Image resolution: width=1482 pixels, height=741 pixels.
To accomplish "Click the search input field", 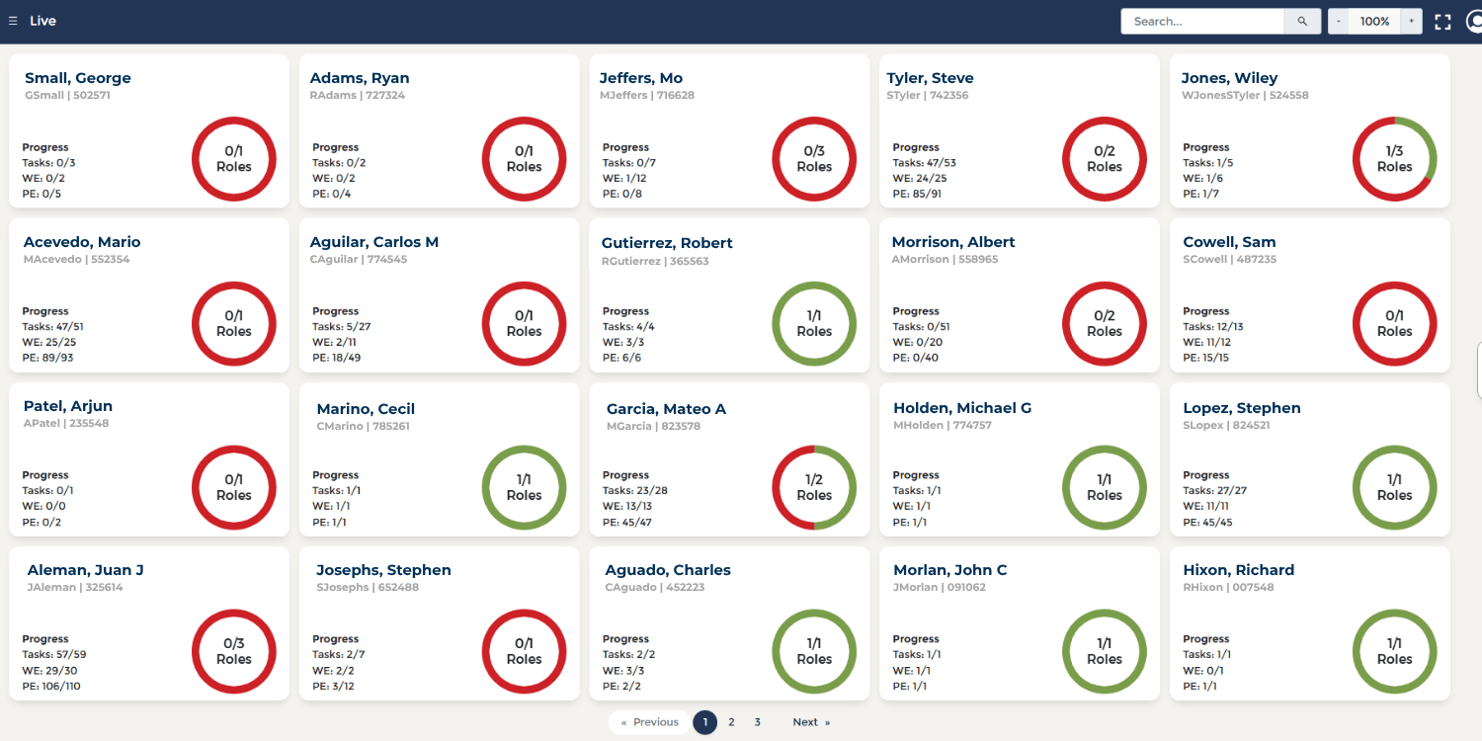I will pos(1201,21).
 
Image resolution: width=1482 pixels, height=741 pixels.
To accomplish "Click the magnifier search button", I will pos(1302,21).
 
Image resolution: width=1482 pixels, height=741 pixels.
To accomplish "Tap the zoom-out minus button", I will pos(1339,21).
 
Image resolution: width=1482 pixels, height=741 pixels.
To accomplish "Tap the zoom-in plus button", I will pos(1411,21).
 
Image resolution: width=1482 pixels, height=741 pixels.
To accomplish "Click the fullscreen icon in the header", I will pos(1442,22).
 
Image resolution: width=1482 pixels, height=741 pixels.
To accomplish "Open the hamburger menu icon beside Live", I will pos(13,21).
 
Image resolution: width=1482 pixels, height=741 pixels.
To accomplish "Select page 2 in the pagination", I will pos(731,722).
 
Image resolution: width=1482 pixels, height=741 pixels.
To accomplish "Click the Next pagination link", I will pos(810,722).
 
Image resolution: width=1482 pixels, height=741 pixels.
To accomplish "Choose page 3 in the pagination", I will pos(758,722).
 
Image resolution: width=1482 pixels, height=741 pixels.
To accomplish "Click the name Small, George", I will pos(78,78).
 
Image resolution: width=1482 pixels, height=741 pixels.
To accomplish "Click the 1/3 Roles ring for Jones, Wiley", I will pos(1394,159).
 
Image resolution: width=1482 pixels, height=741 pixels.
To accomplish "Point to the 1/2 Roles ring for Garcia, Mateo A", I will pos(814,488).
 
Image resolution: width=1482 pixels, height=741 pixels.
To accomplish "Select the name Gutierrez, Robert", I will pos(667,243).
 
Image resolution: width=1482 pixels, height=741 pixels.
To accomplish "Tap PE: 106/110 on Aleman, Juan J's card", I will pos(51,686).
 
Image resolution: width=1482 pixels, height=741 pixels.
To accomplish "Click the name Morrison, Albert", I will pos(952,242).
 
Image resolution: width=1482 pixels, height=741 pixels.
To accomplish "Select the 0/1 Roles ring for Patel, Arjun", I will pos(233,488).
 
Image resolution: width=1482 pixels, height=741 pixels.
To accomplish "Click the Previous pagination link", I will pos(650,722).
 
